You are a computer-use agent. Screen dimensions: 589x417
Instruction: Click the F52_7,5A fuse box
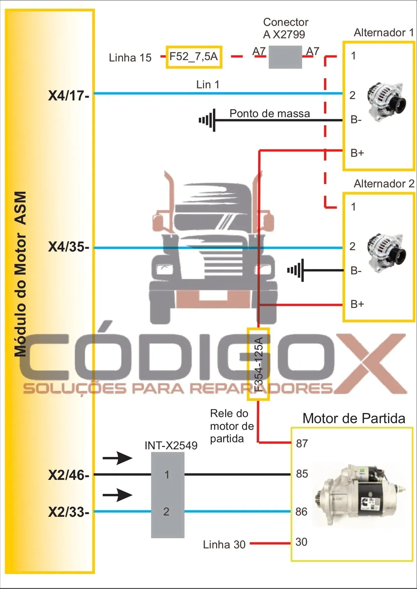194,57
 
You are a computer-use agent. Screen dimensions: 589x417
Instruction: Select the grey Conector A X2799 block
285,57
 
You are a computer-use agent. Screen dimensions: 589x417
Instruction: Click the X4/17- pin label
69,96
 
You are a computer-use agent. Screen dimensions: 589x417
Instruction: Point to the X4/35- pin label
69,247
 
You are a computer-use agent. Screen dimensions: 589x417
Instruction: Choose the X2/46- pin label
69,475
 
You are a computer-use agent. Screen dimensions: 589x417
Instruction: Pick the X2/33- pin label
69,512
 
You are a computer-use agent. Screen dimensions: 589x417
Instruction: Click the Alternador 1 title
383,33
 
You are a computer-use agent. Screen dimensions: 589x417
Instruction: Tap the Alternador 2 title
384,184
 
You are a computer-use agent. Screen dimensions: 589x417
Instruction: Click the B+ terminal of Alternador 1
357,153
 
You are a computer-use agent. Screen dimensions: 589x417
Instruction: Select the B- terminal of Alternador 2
356,271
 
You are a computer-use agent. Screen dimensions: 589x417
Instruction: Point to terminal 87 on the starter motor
302,444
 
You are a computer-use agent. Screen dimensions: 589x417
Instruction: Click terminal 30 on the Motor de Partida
301,542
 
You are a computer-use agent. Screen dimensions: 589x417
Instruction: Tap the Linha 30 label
224,544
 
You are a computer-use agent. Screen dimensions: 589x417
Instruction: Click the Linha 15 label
130,58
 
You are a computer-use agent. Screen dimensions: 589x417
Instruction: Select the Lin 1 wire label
208,85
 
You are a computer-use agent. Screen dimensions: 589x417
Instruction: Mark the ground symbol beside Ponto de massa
208,120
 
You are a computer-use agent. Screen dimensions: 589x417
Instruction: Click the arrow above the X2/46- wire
117,458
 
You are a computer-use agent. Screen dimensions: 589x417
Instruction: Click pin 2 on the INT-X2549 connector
166,511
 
